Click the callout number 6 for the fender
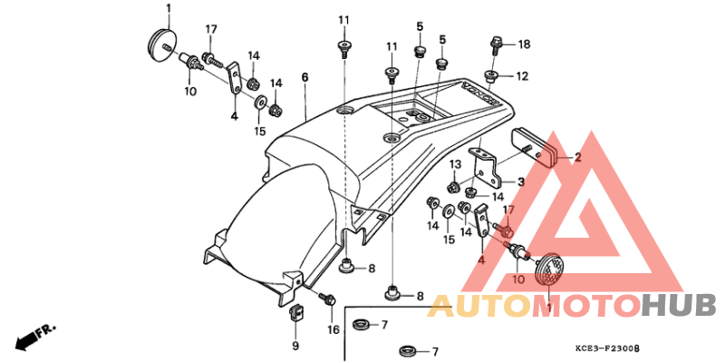tap(304, 78)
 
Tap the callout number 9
tap(295, 346)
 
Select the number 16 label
tap(333, 329)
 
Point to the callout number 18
tap(525, 44)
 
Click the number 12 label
tap(522, 76)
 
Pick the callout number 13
tap(456, 164)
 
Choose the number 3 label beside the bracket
tap(520, 181)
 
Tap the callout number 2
tap(577, 157)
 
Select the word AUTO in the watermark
tap(479, 307)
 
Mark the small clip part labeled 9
tap(295, 312)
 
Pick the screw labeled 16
tap(328, 299)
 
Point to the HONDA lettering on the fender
tap(479, 94)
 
